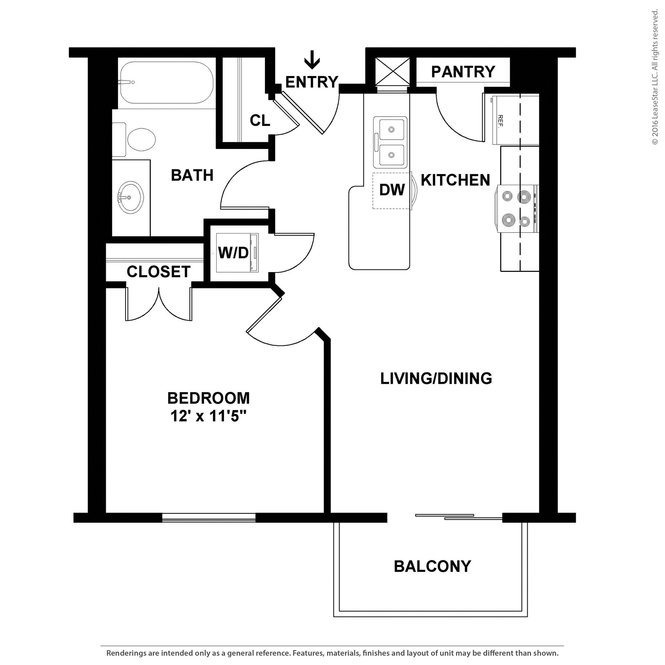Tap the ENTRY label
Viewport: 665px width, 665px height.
click(311, 82)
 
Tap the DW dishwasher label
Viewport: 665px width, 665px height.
click(392, 190)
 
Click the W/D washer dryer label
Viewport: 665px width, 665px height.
click(233, 253)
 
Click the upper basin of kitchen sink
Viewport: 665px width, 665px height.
click(391, 129)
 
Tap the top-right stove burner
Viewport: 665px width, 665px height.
click(524, 197)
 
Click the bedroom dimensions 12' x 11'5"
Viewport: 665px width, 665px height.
click(208, 417)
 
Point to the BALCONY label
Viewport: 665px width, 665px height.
click(432, 566)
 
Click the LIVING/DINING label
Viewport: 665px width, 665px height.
click(436, 378)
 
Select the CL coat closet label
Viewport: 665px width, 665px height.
click(260, 120)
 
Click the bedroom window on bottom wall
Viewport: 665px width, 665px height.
click(208, 518)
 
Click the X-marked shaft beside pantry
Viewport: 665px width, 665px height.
click(392, 71)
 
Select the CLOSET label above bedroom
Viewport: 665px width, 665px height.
click(158, 271)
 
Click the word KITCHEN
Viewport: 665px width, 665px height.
click(455, 180)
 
